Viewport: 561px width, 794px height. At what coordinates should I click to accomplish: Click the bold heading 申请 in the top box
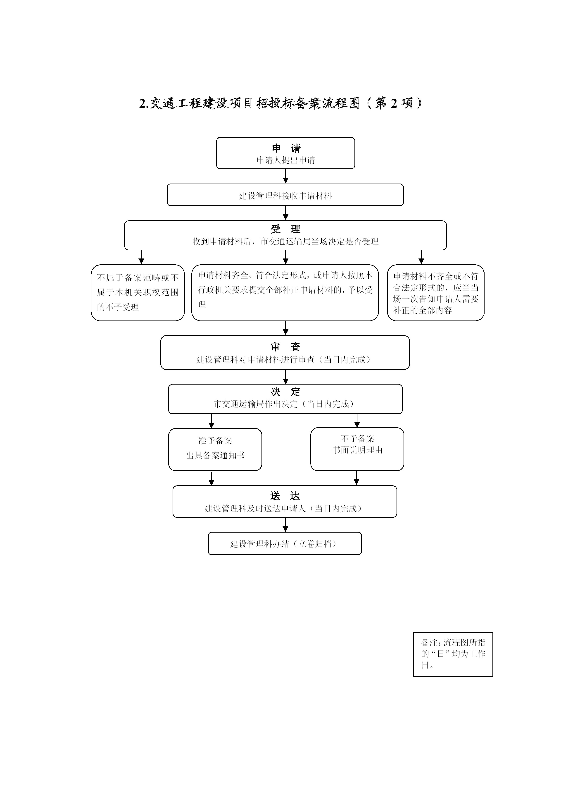(x=286, y=148)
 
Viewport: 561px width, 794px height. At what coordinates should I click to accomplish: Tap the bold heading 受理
(x=285, y=229)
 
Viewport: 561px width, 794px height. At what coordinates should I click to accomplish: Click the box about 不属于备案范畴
(x=138, y=293)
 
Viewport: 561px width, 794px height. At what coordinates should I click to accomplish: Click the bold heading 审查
(x=285, y=347)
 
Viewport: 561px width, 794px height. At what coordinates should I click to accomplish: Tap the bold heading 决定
(x=285, y=392)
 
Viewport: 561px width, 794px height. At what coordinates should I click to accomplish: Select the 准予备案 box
(x=215, y=449)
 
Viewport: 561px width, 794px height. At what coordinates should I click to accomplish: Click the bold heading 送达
(x=285, y=496)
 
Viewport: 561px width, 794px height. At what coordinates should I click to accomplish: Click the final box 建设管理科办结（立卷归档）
(x=285, y=544)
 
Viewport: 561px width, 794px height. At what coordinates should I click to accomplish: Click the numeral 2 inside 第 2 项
(x=394, y=103)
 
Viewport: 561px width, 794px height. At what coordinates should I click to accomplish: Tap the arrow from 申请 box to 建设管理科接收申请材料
(x=285, y=176)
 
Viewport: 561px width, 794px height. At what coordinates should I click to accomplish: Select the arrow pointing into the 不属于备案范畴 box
(x=141, y=257)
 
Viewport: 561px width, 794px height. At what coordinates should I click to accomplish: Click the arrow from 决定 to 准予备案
(x=212, y=421)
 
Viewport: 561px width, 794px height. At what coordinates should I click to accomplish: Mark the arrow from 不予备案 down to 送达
(x=357, y=478)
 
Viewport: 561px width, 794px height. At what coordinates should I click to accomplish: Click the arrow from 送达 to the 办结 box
(x=285, y=525)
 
